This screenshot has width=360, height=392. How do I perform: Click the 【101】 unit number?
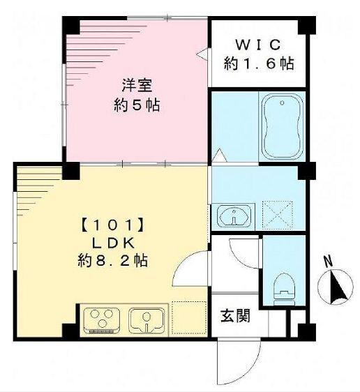pyautogui.click(x=112, y=225)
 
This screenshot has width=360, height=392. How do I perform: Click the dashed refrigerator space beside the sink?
pyautogui.click(x=186, y=319)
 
